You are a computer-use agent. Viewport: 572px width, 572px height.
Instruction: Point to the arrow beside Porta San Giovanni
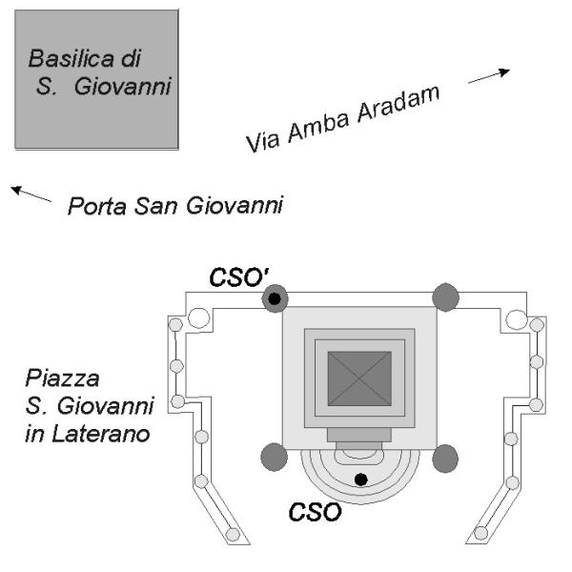pos(31,194)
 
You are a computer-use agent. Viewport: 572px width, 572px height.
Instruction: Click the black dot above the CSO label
pos(359,479)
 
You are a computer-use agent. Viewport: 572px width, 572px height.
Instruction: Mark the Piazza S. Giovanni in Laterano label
pos(92,407)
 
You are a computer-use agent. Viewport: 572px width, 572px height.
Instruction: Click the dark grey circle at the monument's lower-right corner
pos(445,459)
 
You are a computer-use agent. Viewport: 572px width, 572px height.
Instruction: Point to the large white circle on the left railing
pos(199,317)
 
